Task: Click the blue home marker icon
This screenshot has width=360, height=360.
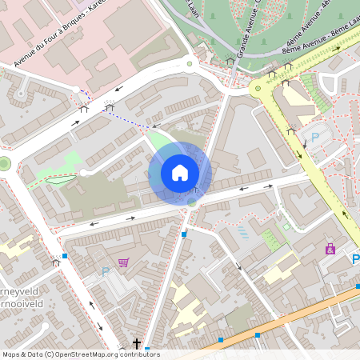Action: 180,173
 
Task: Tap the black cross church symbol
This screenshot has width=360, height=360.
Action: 137,344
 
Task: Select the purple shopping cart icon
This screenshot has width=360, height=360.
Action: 123,262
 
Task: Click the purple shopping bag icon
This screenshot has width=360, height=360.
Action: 330,249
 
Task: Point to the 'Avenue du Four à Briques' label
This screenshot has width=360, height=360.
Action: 58,40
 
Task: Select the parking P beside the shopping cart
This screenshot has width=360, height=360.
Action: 106,272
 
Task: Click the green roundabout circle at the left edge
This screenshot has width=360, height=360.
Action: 4,164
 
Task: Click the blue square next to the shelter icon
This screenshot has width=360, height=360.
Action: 65,256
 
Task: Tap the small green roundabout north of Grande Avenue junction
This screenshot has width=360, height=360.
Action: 190,63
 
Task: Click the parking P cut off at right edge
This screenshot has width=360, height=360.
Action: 355,259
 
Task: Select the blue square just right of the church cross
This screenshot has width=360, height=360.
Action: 147,350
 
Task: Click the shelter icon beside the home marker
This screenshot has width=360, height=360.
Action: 194,190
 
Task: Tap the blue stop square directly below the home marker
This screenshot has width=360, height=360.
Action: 184,234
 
